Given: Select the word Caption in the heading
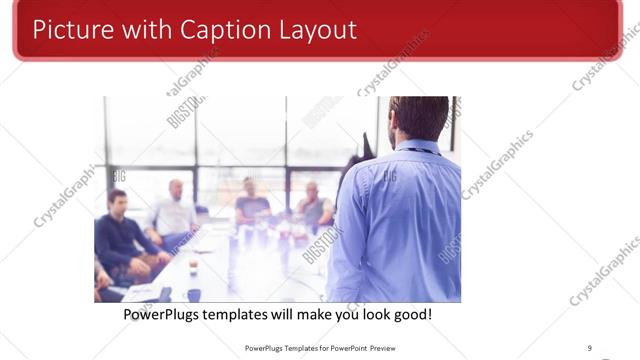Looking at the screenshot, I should (x=214, y=30).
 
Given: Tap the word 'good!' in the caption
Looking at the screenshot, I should (x=410, y=315).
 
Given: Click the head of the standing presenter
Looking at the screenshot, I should (x=418, y=117).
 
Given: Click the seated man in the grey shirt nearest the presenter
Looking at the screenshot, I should (x=313, y=205).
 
